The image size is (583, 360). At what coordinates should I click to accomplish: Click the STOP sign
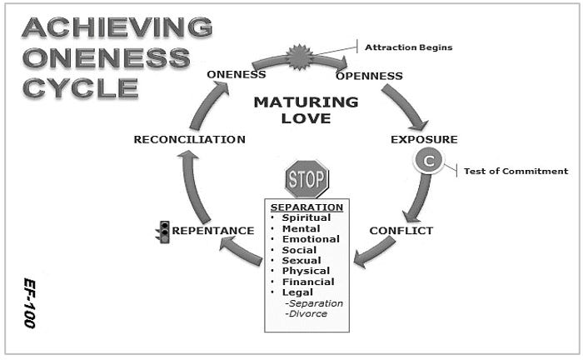click(306, 178)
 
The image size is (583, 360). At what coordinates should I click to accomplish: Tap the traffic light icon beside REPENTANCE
click(165, 231)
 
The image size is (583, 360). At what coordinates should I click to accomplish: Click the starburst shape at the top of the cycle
click(300, 57)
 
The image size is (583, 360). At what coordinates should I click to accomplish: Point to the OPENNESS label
click(369, 76)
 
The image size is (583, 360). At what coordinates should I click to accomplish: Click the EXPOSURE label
click(424, 138)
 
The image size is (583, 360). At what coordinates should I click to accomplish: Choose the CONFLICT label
click(401, 231)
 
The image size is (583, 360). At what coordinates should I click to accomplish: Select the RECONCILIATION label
click(190, 139)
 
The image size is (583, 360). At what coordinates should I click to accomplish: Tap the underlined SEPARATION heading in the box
click(306, 207)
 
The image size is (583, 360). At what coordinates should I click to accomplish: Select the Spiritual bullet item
click(306, 217)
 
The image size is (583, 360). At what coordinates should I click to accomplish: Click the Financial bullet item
click(307, 282)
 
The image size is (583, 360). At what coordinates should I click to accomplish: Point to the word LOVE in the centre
click(306, 118)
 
